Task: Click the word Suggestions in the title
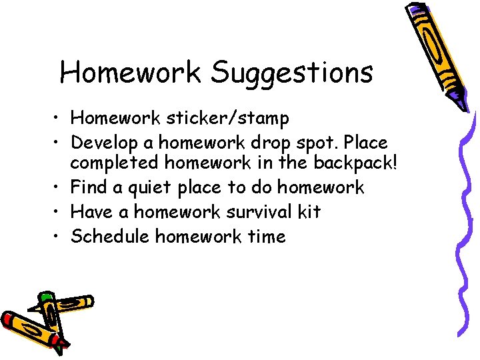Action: click(292, 73)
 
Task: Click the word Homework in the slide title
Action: click(131, 72)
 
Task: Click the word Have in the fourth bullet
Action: click(89, 212)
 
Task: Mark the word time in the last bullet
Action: click(266, 237)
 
